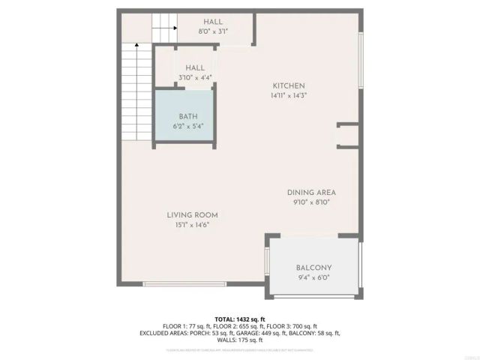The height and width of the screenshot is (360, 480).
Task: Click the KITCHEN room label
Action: (x=289, y=85)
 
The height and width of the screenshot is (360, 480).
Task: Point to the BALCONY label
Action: (x=313, y=268)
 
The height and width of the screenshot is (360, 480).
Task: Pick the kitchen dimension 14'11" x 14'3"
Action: (x=289, y=95)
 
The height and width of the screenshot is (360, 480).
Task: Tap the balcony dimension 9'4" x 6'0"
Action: (x=313, y=277)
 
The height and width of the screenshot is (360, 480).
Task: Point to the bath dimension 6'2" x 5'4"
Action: (x=187, y=126)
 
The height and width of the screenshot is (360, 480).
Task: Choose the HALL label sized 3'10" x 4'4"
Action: (x=195, y=67)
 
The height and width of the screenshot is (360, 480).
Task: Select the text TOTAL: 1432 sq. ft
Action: (x=239, y=319)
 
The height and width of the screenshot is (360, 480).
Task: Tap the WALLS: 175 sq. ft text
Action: (x=240, y=340)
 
